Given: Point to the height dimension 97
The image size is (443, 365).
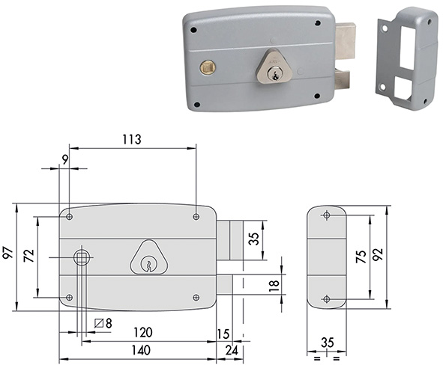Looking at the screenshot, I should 8,255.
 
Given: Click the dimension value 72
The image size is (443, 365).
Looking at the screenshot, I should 29,256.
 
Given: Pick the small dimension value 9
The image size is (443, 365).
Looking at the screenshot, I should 65,158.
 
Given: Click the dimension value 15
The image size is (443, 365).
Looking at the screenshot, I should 223,332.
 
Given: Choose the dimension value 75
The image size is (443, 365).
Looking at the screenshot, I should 361,256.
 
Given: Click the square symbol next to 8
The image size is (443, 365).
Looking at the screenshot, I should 100,322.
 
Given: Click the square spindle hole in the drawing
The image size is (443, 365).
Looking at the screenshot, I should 82,257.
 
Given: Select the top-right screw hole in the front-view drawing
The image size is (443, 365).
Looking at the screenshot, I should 196,217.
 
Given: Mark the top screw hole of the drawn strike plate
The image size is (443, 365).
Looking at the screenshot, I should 326,216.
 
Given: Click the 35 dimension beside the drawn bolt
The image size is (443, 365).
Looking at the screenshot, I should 254,239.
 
